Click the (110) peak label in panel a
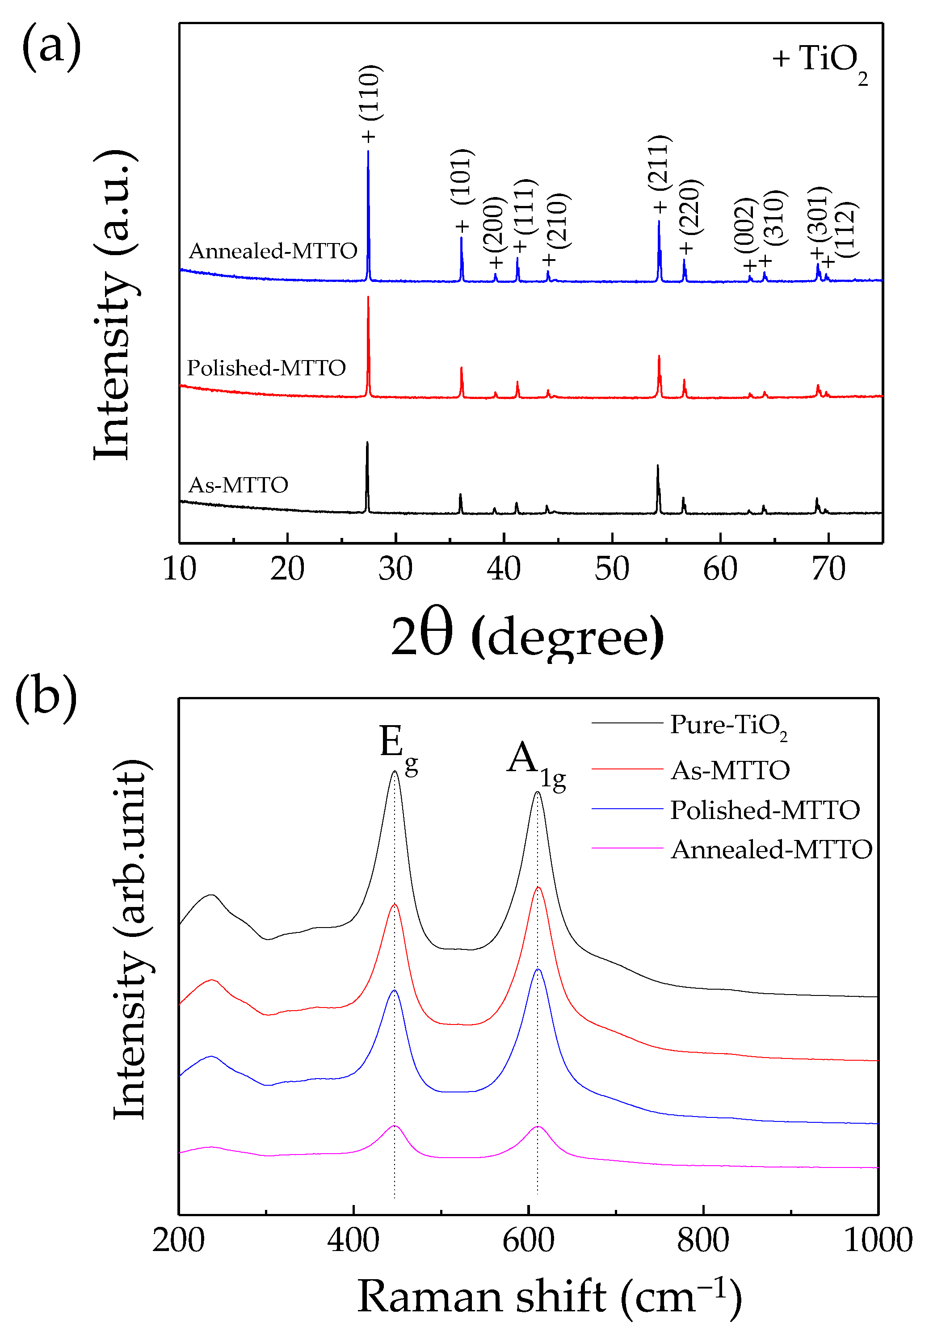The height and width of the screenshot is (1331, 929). [370, 93]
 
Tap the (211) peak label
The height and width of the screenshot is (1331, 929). [660, 163]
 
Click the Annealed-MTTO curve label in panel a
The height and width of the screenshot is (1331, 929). [273, 251]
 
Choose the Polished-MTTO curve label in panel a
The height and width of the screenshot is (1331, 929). [266, 368]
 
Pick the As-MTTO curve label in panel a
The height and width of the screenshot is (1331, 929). [238, 485]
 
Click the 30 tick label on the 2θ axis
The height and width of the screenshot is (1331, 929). [395, 569]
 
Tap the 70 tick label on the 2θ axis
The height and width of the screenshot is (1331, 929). [828, 569]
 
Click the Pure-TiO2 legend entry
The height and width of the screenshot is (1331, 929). [728, 725]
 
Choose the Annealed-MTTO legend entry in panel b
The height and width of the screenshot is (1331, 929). [771, 850]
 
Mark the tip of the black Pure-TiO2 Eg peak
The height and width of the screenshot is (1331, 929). [394, 772]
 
